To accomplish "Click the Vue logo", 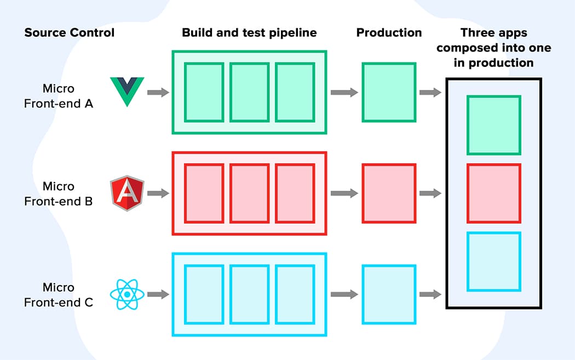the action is (127, 92).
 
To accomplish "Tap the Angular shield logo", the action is (127, 193).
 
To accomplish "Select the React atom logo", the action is (127, 294).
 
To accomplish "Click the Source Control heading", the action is (70, 33).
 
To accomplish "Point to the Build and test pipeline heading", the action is (249, 33).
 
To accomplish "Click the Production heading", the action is (389, 33).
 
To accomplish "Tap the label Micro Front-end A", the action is (59, 96).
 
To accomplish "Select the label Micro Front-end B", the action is (59, 194).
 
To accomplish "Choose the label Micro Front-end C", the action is (59, 295).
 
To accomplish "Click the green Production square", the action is (389, 92).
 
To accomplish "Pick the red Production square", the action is (389, 193).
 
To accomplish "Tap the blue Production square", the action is (389, 294).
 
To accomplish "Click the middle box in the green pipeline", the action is (250, 92).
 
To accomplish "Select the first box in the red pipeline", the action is (204, 193).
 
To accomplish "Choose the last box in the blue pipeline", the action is (295, 294).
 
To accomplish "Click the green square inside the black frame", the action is (494, 125).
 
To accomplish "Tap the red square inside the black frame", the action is (494, 193).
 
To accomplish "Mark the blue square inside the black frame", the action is (494, 262).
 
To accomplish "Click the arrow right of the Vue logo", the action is (158, 92).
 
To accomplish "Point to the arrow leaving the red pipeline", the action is (344, 193).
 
